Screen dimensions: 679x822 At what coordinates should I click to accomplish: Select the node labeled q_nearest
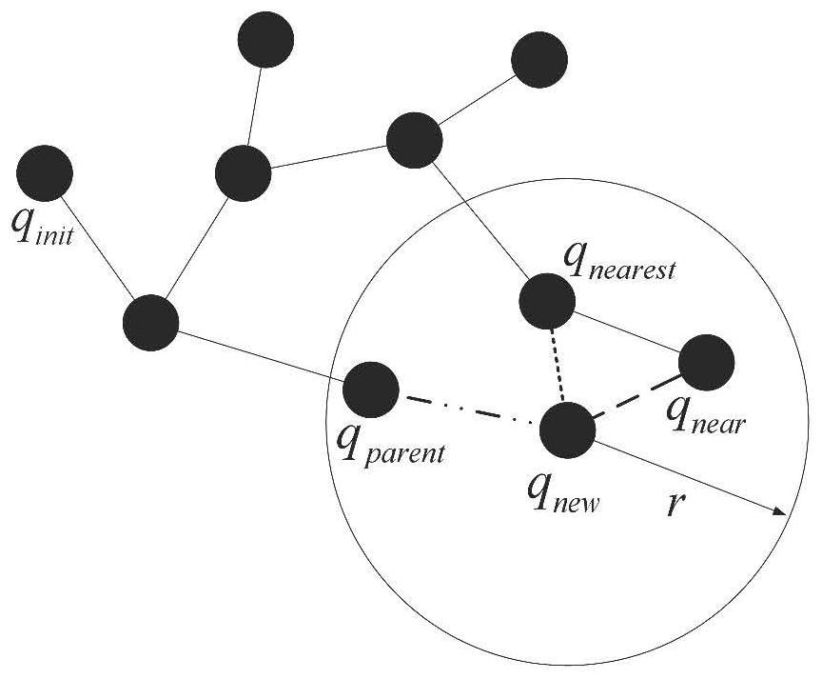pyautogui.click(x=547, y=301)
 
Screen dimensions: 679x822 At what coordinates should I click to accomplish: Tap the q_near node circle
pyautogui.click(x=707, y=363)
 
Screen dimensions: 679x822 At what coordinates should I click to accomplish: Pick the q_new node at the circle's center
pyautogui.click(x=567, y=430)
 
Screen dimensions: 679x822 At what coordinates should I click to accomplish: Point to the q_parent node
pyautogui.click(x=370, y=389)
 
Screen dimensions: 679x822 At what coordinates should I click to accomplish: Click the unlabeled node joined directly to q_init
pyautogui.click(x=151, y=323)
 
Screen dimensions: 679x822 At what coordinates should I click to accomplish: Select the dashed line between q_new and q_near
pyautogui.click(x=637, y=401)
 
